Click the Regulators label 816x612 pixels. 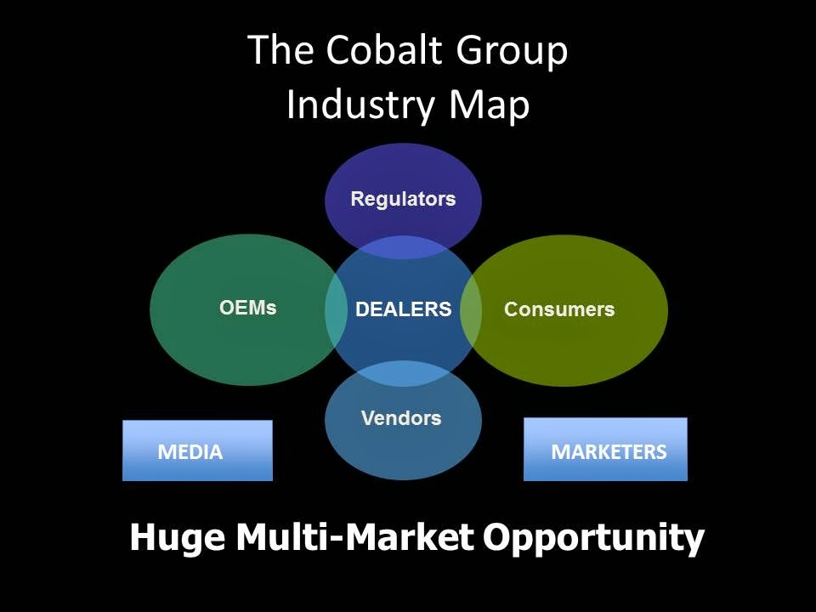point(403,200)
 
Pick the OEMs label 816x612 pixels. point(248,308)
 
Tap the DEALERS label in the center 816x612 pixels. point(403,309)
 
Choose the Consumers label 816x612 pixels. point(558,309)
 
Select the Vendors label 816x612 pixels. point(401,418)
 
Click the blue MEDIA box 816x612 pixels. point(197,450)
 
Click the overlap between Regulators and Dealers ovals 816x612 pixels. point(403,247)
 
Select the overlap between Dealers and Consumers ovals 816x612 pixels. point(470,310)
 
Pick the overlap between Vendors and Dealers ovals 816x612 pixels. point(403,374)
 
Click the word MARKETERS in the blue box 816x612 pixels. point(609,451)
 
